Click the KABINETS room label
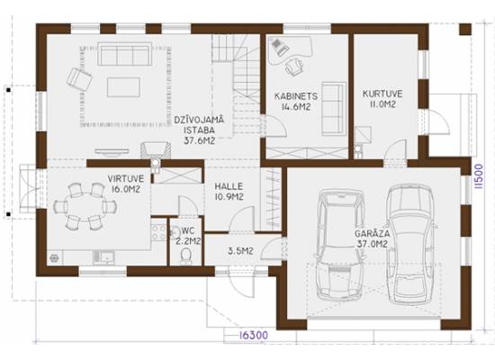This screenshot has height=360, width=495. pos(296,102)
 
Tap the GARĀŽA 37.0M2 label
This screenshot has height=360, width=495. pos(373,238)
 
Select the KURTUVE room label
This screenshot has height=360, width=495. pos(382,99)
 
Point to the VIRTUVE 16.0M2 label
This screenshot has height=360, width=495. pos(126,184)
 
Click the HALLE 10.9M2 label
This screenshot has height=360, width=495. pos(229,192)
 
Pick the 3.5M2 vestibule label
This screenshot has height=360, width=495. pos(240,251)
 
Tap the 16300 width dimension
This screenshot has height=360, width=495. pos(253,335)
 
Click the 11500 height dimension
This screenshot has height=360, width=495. pos(479,176)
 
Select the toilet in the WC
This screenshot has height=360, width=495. pos(186,256)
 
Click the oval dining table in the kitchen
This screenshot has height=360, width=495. pos(85,207)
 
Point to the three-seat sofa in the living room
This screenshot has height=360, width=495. pos(123,54)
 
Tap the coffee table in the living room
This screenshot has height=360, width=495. pos(123,87)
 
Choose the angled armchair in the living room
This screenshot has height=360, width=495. pos(79,79)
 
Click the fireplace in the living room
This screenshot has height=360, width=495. pos(156,150)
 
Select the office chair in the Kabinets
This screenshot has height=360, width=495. pos(294,67)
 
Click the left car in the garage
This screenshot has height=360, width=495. pos(340,245)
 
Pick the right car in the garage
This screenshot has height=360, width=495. pos(410,244)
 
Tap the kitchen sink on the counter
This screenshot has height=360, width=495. pos(103,257)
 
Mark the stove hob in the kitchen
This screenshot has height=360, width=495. pos(158,232)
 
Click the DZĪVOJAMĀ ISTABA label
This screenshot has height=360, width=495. pos(199,130)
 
